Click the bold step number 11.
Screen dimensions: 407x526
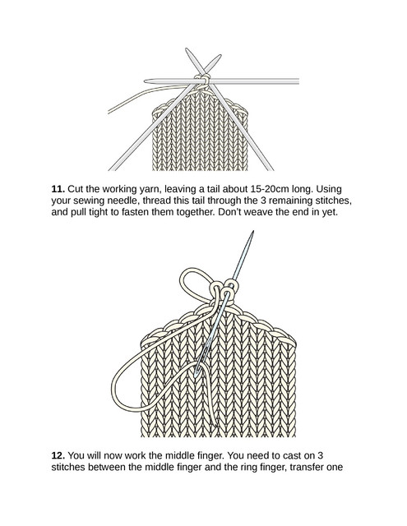58,189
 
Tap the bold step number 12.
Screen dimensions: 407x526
58,455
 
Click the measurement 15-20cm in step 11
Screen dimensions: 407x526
270,189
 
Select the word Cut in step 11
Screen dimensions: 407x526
76,189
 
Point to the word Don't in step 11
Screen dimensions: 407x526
229,212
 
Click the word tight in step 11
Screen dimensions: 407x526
99,213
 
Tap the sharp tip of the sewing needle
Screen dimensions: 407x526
253,231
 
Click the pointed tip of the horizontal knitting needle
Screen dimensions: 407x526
145,81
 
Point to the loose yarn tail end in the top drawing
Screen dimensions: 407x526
109,112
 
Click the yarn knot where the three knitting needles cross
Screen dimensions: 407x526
203,80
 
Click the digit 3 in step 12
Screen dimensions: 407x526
320,455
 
